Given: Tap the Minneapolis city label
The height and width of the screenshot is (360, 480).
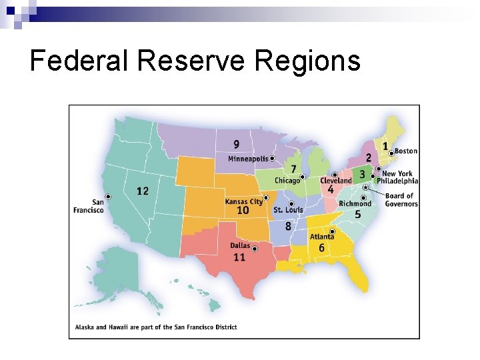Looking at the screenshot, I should tap(248, 159).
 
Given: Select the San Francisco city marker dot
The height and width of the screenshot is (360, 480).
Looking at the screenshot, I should tap(108, 196).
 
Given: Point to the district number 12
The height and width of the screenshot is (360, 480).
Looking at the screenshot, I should tap(143, 191).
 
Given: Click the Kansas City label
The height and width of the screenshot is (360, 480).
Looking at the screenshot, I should tap(243, 201).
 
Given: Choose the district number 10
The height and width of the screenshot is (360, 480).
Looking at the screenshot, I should tap(243, 211).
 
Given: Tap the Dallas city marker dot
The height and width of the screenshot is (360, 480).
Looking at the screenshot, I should tap(255, 247).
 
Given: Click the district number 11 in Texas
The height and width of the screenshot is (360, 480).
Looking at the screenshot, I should tap(239, 257).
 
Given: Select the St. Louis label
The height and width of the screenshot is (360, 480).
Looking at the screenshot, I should tap(288, 210).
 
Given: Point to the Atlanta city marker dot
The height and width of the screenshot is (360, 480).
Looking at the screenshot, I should tap(332, 231).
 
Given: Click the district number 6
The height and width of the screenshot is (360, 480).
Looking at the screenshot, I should tap(321, 248).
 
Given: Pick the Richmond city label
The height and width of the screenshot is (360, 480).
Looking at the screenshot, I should tap(355, 204).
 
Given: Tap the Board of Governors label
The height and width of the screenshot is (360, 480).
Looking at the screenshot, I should tap(400, 200).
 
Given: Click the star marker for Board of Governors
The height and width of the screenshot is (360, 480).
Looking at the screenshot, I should tap(365, 188).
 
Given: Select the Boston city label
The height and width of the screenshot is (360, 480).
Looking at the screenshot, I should tap(406, 151).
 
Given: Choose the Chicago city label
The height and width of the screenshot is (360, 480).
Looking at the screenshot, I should tap(287, 181).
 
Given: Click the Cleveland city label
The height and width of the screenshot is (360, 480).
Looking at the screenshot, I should tap(335, 181).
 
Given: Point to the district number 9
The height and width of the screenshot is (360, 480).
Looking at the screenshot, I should tap(237, 145).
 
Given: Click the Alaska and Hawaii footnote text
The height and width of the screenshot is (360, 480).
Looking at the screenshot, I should tap(156, 327).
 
